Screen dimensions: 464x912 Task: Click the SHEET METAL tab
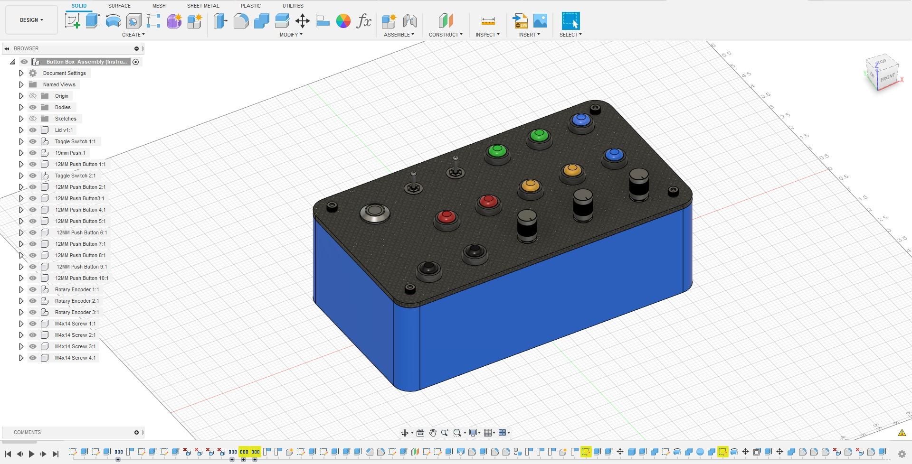pyautogui.click(x=203, y=6)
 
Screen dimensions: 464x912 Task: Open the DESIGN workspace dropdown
pyautogui.click(x=31, y=20)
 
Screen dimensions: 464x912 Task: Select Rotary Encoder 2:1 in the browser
pyautogui.click(x=76, y=301)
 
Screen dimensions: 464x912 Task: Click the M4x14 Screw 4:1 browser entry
pyautogui.click(x=75, y=358)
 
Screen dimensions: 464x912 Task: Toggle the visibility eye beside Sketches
pyautogui.click(x=33, y=119)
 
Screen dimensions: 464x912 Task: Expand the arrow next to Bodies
pyautogui.click(x=21, y=107)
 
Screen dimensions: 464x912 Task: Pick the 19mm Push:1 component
pyautogui.click(x=70, y=153)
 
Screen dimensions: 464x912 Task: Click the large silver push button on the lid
pyautogui.click(x=375, y=213)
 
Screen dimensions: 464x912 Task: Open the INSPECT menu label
pyautogui.click(x=487, y=35)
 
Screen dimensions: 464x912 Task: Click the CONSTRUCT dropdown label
pyautogui.click(x=445, y=35)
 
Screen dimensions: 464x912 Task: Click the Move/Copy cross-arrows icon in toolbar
pyautogui.click(x=302, y=21)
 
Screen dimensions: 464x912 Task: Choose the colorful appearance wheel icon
pyautogui.click(x=343, y=21)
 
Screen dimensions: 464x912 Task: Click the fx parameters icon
pyautogui.click(x=364, y=21)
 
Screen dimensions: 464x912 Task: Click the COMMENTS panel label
pyautogui.click(x=27, y=432)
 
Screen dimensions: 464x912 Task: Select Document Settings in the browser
pyautogui.click(x=64, y=73)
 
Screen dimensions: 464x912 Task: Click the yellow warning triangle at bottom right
pyautogui.click(x=902, y=433)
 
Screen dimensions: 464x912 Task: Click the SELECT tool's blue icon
pyautogui.click(x=570, y=21)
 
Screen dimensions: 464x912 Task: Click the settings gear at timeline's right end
pyautogui.click(x=902, y=454)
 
